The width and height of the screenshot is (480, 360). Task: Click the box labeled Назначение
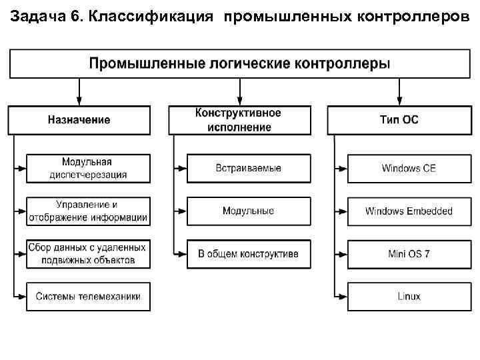pyautogui.click(x=79, y=120)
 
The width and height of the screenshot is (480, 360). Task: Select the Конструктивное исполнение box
pyautogui.click(x=239, y=120)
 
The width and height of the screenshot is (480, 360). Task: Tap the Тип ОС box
pyautogui.click(x=399, y=120)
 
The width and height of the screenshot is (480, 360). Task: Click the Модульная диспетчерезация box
pyautogui.click(x=88, y=169)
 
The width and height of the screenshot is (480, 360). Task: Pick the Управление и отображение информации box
pyautogui.click(x=88, y=211)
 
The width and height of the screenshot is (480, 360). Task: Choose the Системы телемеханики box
pyautogui.click(x=88, y=296)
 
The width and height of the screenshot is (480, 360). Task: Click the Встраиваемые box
pyautogui.click(x=249, y=169)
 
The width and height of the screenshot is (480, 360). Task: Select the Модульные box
pyautogui.click(x=249, y=211)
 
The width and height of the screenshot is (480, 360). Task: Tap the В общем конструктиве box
pyautogui.click(x=249, y=254)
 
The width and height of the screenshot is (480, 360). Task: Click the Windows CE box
pyautogui.click(x=409, y=169)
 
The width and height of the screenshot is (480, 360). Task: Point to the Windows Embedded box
pyautogui.click(x=409, y=211)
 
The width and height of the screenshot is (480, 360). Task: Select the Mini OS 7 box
pyautogui.click(x=409, y=254)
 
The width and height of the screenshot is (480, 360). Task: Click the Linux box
pyautogui.click(x=409, y=296)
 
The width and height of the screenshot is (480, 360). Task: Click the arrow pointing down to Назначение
pyautogui.click(x=79, y=91)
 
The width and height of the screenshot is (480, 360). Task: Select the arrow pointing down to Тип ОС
pyautogui.click(x=399, y=91)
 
